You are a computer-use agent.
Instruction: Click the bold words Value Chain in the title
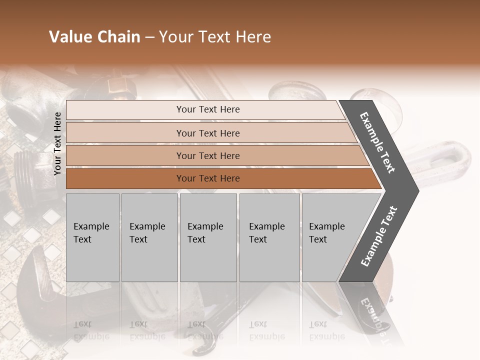point(94,37)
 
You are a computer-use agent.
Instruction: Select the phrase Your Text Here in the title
point(215,37)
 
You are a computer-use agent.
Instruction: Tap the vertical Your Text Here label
point(57,143)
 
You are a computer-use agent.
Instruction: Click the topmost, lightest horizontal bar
point(207,109)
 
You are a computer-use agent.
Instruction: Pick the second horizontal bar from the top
point(207,133)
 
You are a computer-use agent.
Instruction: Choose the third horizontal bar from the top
point(207,155)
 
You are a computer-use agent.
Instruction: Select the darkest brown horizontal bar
point(207,178)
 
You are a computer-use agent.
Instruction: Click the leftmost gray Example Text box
point(92,237)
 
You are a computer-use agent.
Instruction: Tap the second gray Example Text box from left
point(149,237)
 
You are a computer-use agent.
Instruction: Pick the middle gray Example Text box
point(208,237)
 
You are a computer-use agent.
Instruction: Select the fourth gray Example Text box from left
point(269,237)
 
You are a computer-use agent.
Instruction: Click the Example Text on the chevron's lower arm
point(378,236)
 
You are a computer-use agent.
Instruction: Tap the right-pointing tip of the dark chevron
point(415,190)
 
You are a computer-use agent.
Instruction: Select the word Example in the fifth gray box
point(326,226)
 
